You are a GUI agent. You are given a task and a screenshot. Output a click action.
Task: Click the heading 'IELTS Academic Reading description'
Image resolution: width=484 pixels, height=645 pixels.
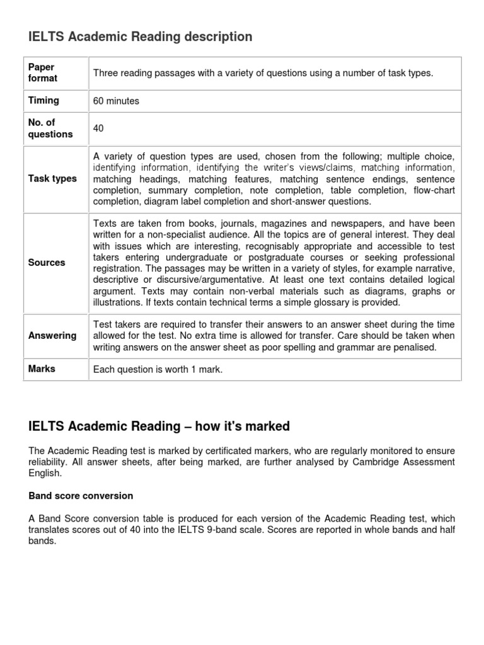pos(140,37)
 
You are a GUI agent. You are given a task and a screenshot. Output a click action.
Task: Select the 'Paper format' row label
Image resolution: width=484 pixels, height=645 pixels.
pos(42,72)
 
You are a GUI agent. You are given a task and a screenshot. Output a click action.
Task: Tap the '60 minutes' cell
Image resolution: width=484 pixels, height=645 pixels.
pos(116,101)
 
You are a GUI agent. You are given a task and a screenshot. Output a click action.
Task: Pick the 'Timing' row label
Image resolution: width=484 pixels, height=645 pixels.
pos(43,100)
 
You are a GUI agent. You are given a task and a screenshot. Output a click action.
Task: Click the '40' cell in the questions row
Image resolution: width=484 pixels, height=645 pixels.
pos(98,128)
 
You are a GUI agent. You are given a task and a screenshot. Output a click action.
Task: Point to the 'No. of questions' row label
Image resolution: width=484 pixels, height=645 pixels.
pos(50,128)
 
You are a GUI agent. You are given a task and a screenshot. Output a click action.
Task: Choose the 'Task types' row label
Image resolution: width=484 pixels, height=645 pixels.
pos(52,178)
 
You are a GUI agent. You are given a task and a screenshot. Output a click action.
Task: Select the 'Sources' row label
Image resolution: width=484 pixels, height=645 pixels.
pos(47,263)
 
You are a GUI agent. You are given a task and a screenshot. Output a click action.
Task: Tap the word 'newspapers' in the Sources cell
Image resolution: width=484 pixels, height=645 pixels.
pos(357,224)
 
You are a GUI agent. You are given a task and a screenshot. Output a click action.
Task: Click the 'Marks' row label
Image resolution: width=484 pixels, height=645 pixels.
pos(42,368)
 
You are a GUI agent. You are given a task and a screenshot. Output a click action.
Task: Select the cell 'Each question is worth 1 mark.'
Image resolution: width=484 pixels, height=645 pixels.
pos(158,369)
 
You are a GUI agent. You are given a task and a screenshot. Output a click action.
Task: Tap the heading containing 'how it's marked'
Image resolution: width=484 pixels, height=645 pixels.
pos(159,426)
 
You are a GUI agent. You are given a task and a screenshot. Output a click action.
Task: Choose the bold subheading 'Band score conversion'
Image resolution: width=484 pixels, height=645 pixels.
pos(81,496)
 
